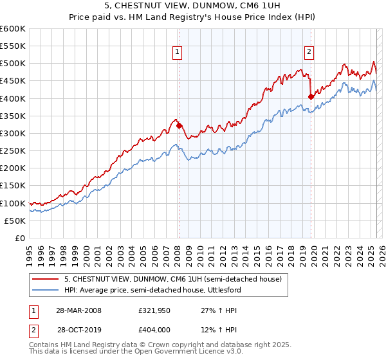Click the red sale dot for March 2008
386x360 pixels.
click(179, 126)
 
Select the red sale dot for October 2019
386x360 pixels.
click(311, 97)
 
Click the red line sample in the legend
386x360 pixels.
click(46, 280)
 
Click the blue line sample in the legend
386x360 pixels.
click(46, 291)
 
